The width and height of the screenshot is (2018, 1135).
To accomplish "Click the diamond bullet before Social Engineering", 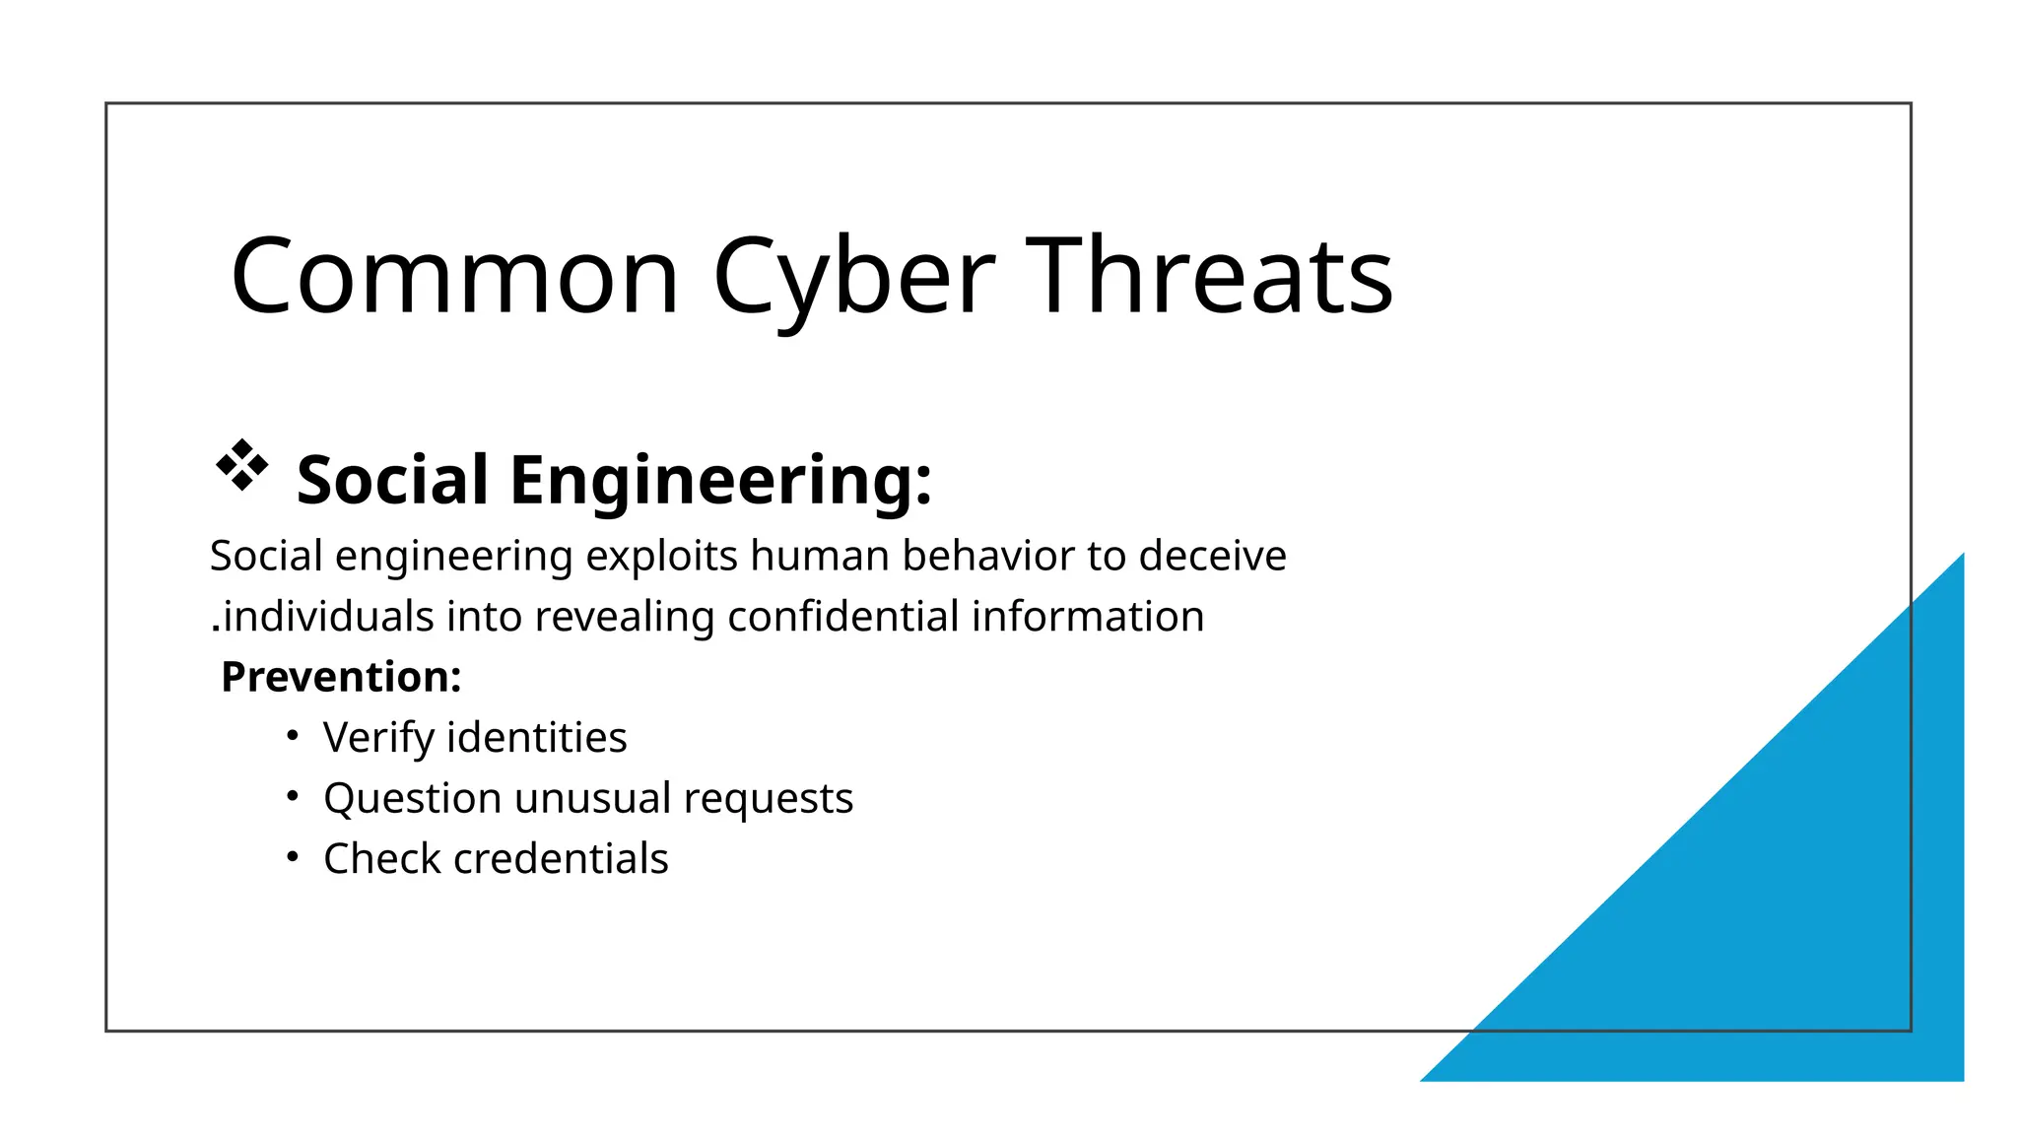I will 241,465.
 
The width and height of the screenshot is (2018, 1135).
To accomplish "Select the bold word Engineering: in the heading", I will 720,481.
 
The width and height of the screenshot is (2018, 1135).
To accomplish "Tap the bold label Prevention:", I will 341,678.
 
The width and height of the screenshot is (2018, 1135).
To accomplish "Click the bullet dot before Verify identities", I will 292,736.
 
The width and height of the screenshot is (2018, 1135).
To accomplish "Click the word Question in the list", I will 412,799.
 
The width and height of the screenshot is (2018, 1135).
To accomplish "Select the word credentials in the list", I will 561,859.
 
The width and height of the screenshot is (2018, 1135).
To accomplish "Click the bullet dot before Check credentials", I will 292,857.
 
